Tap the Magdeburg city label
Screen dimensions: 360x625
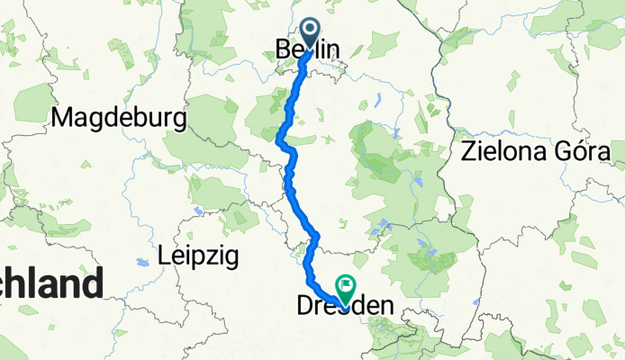[x=120, y=118]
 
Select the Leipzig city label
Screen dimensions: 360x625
[x=197, y=256]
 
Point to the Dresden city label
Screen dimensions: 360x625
[x=345, y=307]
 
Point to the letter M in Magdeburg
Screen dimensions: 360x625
[x=64, y=118]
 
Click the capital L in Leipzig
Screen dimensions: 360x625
[x=163, y=256]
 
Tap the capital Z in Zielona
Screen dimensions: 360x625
[x=466, y=149]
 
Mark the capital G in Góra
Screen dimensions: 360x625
[x=562, y=149]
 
